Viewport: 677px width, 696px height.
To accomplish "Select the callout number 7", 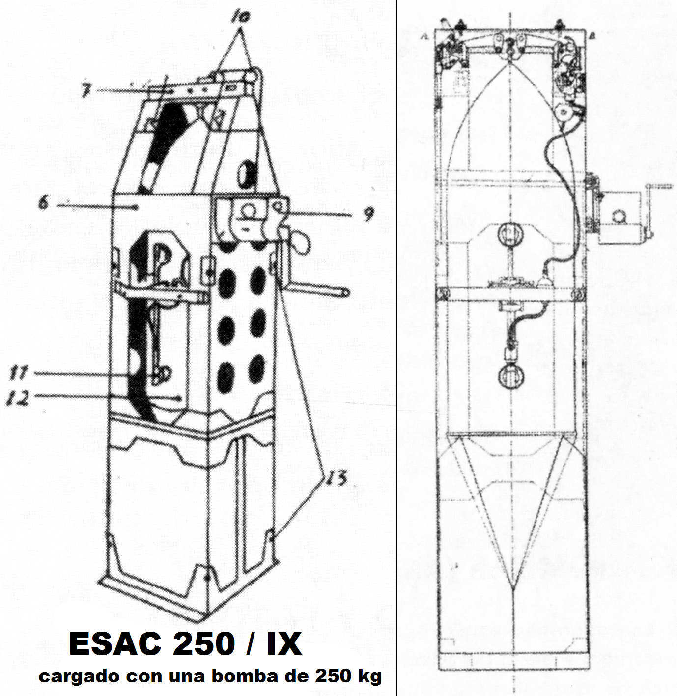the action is point(85,89).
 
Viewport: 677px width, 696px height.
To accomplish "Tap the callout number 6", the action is point(44,204).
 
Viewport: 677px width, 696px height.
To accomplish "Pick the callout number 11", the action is point(18,373).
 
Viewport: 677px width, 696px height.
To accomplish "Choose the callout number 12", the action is point(18,397).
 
